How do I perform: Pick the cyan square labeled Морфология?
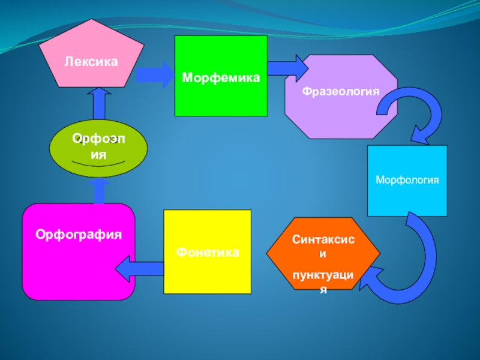[407, 181]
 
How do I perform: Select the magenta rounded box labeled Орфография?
[79, 251]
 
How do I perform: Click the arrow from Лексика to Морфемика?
[154, 76]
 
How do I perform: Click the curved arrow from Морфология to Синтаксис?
[408, 264]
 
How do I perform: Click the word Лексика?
[91, 61]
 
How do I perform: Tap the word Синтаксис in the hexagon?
[323, 240]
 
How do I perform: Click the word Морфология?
[407, 180]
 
